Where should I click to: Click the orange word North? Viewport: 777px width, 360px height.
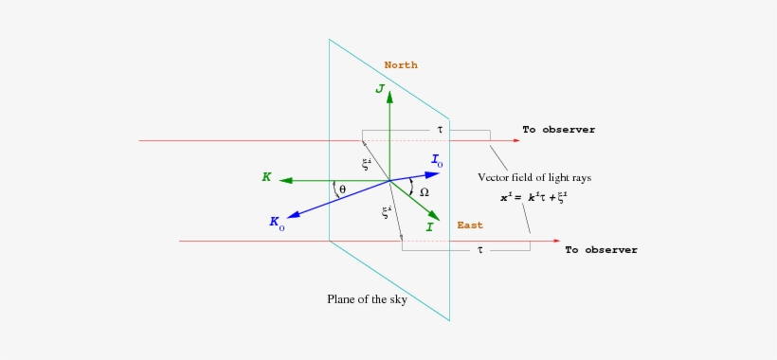click(x=401, y=65)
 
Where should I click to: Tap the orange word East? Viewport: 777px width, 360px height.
click(x=470, y=225)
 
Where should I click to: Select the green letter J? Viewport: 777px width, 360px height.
click(x=379, y=89)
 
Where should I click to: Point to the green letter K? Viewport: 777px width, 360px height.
click(x=267, y=177)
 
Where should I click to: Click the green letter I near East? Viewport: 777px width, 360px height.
click(x=429, y=227)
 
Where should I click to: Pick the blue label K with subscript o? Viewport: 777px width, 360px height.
click(x=277, y=223)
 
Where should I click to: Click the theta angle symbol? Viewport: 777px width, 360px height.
click(x=342, y=189)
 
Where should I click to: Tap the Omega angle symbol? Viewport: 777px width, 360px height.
click(x=424, y=192)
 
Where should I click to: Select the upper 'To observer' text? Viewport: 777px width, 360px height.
click(x=558, y=130)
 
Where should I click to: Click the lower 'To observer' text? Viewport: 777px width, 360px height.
click(x=601, y=250)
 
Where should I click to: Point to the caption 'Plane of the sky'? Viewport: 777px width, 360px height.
click(x=369, y=300)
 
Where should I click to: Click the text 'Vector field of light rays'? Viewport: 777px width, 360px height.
click(x=535, y=177)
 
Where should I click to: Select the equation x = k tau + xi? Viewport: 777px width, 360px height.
click(x=533, y=197)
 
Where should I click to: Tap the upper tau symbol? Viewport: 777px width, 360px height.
click(x=440, y=129)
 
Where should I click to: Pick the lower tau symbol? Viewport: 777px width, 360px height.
click(x=480, y=250)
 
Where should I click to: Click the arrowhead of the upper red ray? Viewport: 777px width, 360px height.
click(x=516, y=140)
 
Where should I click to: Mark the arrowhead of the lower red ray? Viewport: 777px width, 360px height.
click(x=557, y=241)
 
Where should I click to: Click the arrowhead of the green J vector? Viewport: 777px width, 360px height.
click(x=389, y=96)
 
